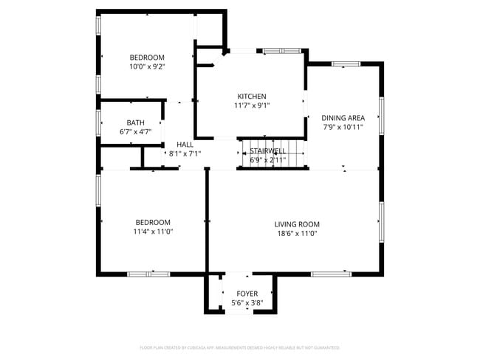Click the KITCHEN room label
pos(252,96)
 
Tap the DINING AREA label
pos(343,117)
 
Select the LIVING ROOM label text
pos(296,224)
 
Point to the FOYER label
pos(247,294)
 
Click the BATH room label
pos(135,123)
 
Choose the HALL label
pos(185,145)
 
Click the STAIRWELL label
pos(267,150)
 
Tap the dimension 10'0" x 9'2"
pos(147,66)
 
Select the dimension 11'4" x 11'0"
pos(152,232)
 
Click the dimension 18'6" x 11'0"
pos(296,233)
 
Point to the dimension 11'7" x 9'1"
pos(252,105)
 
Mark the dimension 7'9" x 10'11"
pos(343,127)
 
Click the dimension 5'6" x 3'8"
pos(247,302)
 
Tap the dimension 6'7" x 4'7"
pos(135,132)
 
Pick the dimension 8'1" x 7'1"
pos(185,153)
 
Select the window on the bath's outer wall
pos(98,122)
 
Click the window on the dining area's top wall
pos(345,64)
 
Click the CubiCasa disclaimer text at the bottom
pos(239,347)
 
